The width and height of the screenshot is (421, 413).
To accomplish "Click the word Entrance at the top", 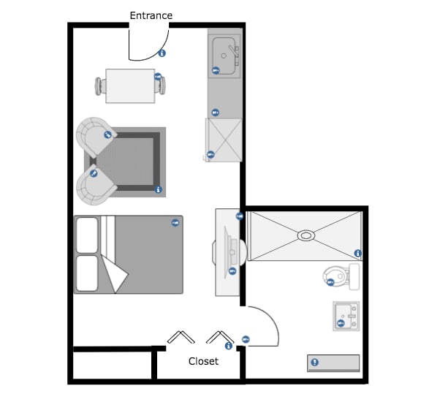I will pos(151,15).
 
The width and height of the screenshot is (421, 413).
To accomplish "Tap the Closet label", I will pos(203,361).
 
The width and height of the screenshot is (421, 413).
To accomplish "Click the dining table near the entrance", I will pos(129,86).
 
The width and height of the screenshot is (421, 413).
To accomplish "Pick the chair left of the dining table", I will pos(99,86).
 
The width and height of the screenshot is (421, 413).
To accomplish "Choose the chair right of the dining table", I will pos(161,86).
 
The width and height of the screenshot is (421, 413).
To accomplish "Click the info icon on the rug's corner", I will pos(159,189).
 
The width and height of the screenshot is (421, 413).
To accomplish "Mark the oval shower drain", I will pos(306,235).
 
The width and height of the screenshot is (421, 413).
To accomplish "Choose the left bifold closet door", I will pos(181,337).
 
